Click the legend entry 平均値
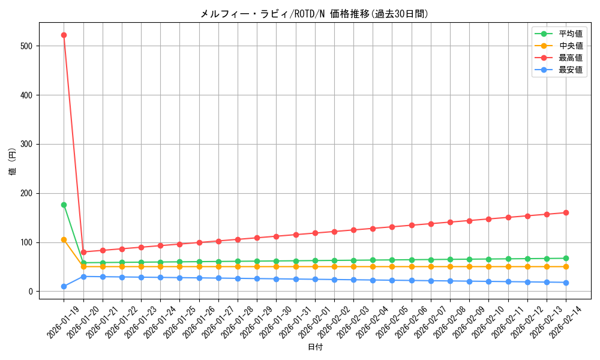[x=571, y=34]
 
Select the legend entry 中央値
[x=571, y=46]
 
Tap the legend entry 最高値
[x=571, y=58]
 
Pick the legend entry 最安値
[x=571, y=70]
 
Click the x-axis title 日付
[x=315, y=347]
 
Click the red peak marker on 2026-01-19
[x=64, y=35]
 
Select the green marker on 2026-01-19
[x=64, y=205]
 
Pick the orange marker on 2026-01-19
[x=64, y=239]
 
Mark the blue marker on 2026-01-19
[x=64, y=287]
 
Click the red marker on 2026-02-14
[x=566, y=212]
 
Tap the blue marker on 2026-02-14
[x=566, y=283]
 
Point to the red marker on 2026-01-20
[x=83, y=252]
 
